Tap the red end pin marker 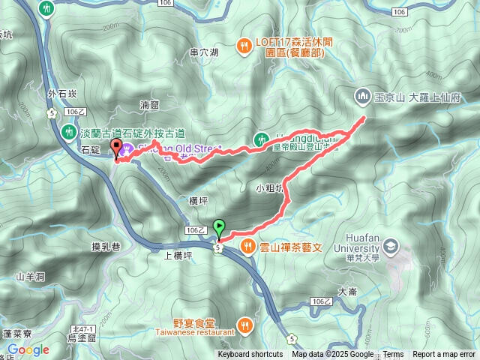(x=116, y=148)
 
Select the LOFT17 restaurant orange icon (x=244, y=46)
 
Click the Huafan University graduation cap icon (x=391, y=245)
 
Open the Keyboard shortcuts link (x=250, y=355)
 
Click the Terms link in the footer (x=393, y=355)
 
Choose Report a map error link (x=444, y=355)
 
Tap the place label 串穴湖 (x=204, y=52)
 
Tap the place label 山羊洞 (x=30, y=277)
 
